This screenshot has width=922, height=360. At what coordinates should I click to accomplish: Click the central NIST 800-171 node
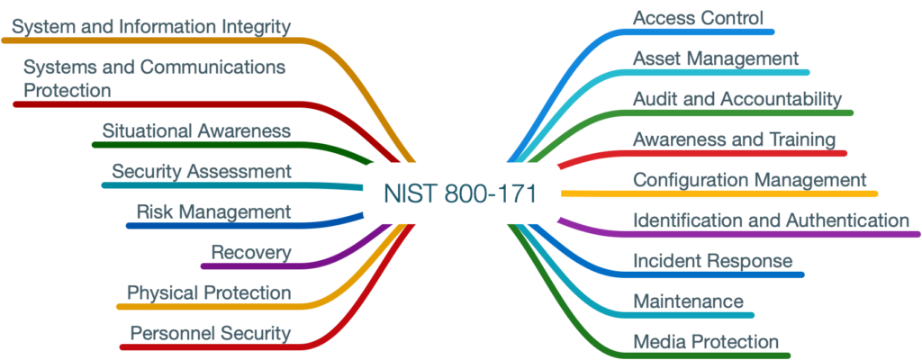pos(460,193)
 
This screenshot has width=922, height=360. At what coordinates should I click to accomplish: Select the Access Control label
pos(698,18)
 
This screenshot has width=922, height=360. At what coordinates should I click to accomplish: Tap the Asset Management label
pos(716,58)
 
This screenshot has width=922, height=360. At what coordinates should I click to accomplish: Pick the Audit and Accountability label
pos(737,99)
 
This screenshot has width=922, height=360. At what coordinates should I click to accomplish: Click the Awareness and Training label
pos(734,139)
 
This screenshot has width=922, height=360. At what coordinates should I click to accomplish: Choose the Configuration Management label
pos(749,180)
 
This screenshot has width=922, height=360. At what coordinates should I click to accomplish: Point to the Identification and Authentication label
pos(771,220)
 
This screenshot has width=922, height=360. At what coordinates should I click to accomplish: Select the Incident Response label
pos(712,261)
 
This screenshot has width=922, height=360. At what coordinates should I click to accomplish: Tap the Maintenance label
pos(688,301)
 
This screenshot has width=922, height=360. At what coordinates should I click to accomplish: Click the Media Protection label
pos(705,342)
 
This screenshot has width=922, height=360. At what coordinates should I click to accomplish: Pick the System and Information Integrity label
pos(151,26)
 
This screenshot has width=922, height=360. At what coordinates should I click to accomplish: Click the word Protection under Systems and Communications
pos(68,91)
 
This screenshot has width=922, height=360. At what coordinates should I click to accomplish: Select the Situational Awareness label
pos(196,130)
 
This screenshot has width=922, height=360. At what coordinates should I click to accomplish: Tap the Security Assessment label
pos(201,171)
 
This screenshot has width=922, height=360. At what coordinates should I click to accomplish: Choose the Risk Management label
pos(213,212)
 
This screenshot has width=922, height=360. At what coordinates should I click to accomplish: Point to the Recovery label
pos(251,252)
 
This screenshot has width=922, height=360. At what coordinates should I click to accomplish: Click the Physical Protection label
pos(209,293)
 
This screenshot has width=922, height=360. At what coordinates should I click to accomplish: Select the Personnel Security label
pos(211,334)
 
